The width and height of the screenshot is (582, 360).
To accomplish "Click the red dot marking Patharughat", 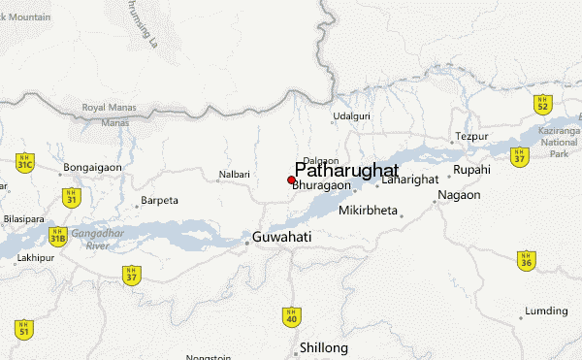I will point(291,180).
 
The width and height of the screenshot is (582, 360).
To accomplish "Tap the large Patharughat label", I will point(346,168).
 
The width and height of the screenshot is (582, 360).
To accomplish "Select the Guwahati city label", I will point(281,237).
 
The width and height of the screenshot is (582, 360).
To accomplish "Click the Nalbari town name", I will point(234,176).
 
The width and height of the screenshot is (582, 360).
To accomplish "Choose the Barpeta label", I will point(160,201).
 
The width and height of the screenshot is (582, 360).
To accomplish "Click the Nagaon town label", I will point(460,195).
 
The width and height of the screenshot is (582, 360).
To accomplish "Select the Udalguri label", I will point(352,116).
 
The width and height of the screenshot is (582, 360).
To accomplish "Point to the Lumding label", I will point(545,311).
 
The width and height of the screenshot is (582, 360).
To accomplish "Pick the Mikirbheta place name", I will point(369,211).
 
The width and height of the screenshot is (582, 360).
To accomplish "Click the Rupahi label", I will point(472,169).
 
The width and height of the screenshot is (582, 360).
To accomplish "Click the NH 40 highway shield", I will point(292,315).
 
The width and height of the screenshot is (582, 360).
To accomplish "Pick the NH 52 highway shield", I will point(544,103).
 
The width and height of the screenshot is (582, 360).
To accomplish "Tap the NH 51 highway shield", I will point(24,329).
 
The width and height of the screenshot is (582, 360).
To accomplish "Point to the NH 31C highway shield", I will point(25,163).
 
